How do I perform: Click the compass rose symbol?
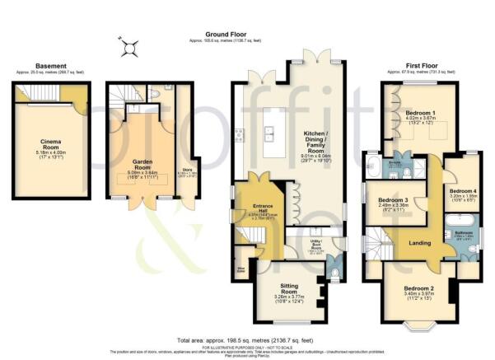[128, 48]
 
